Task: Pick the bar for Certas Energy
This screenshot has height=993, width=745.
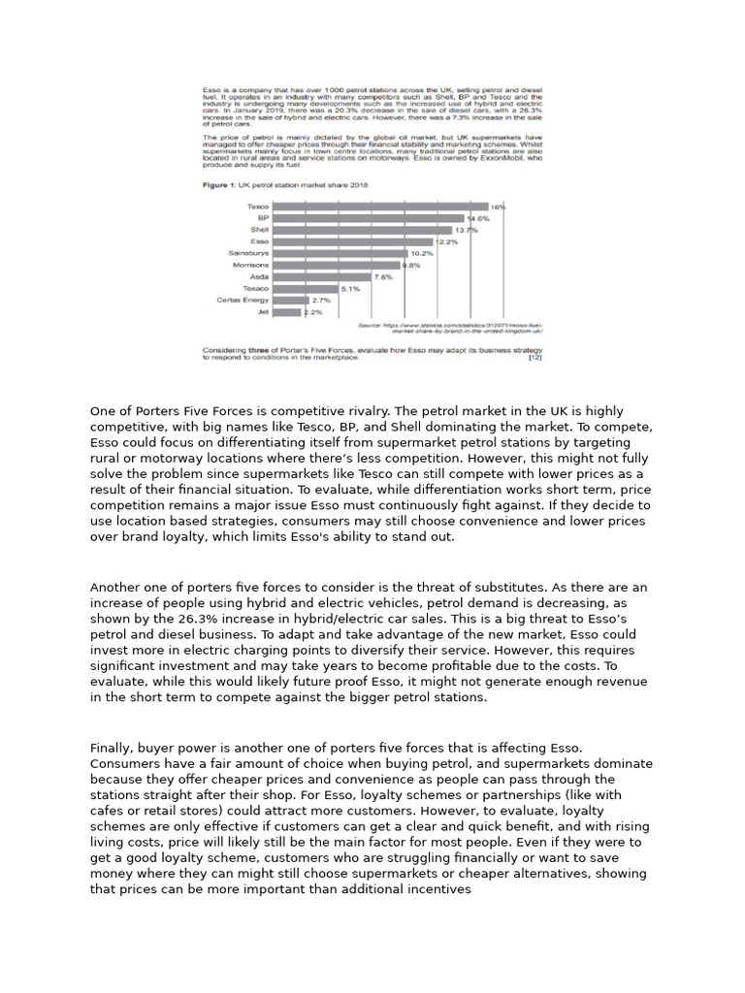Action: pyautogui.click(x=289, y=301)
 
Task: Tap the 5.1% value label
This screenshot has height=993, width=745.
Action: pyautogui.click(x=350, y=289)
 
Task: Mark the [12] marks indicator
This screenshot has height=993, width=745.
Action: pyautogui.click(x=534, y=358)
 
